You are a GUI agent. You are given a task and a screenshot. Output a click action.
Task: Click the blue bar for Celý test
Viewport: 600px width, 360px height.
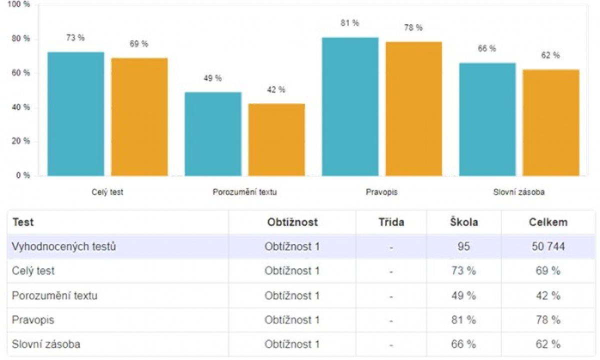(x=76, y=113)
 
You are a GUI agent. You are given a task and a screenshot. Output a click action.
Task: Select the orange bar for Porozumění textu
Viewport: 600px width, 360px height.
(x=276, y=139)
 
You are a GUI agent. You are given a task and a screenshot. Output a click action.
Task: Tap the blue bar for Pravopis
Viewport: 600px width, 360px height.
(x=350, y=106)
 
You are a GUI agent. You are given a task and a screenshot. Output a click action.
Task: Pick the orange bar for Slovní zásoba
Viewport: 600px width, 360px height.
(x=551, y=122)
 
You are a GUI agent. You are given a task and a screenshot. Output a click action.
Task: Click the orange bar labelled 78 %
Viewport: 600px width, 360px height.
(x=413, y=108)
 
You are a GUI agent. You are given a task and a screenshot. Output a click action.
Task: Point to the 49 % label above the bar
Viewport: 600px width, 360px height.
(x=212, y=78)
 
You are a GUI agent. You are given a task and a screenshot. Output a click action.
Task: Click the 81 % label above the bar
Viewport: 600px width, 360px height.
(x=350, y=23)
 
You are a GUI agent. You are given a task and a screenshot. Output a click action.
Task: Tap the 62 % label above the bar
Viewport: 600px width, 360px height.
(x=550, y=55)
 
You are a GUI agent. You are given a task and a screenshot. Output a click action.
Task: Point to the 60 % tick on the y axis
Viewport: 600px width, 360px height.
(x=20, y=73)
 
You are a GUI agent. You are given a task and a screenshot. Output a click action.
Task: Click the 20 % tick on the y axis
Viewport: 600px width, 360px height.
(x=20, y=141)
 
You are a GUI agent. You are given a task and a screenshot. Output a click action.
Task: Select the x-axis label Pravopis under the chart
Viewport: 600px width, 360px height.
(x=381, y=192)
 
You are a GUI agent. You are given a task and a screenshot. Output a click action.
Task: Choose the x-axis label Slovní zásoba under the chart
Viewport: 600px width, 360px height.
(x=519, y=192)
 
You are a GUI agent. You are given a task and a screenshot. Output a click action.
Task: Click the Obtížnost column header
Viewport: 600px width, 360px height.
(x=292, y=222)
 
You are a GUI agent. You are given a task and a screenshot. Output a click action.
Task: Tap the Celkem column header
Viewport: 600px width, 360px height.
(x=548, y=222)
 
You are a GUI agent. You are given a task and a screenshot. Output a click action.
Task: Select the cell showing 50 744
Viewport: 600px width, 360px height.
(x=548, y=246)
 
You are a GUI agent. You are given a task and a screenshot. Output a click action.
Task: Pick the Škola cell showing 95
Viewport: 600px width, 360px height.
(x=463, y=246)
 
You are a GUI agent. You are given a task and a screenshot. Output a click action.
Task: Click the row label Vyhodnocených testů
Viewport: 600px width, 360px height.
(x=64, y=246)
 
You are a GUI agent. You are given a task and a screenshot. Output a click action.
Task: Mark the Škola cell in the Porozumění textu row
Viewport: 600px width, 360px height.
(x=463, y=295)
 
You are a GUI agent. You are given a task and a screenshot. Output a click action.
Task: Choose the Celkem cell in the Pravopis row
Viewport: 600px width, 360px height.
(x=548, y=320)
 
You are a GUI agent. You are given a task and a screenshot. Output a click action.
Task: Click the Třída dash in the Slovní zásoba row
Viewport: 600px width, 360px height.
(x=391, y=344)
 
